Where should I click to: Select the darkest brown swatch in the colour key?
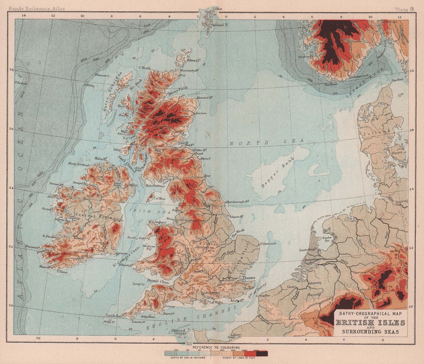(262, 353)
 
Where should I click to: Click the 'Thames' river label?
(249, 278)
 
